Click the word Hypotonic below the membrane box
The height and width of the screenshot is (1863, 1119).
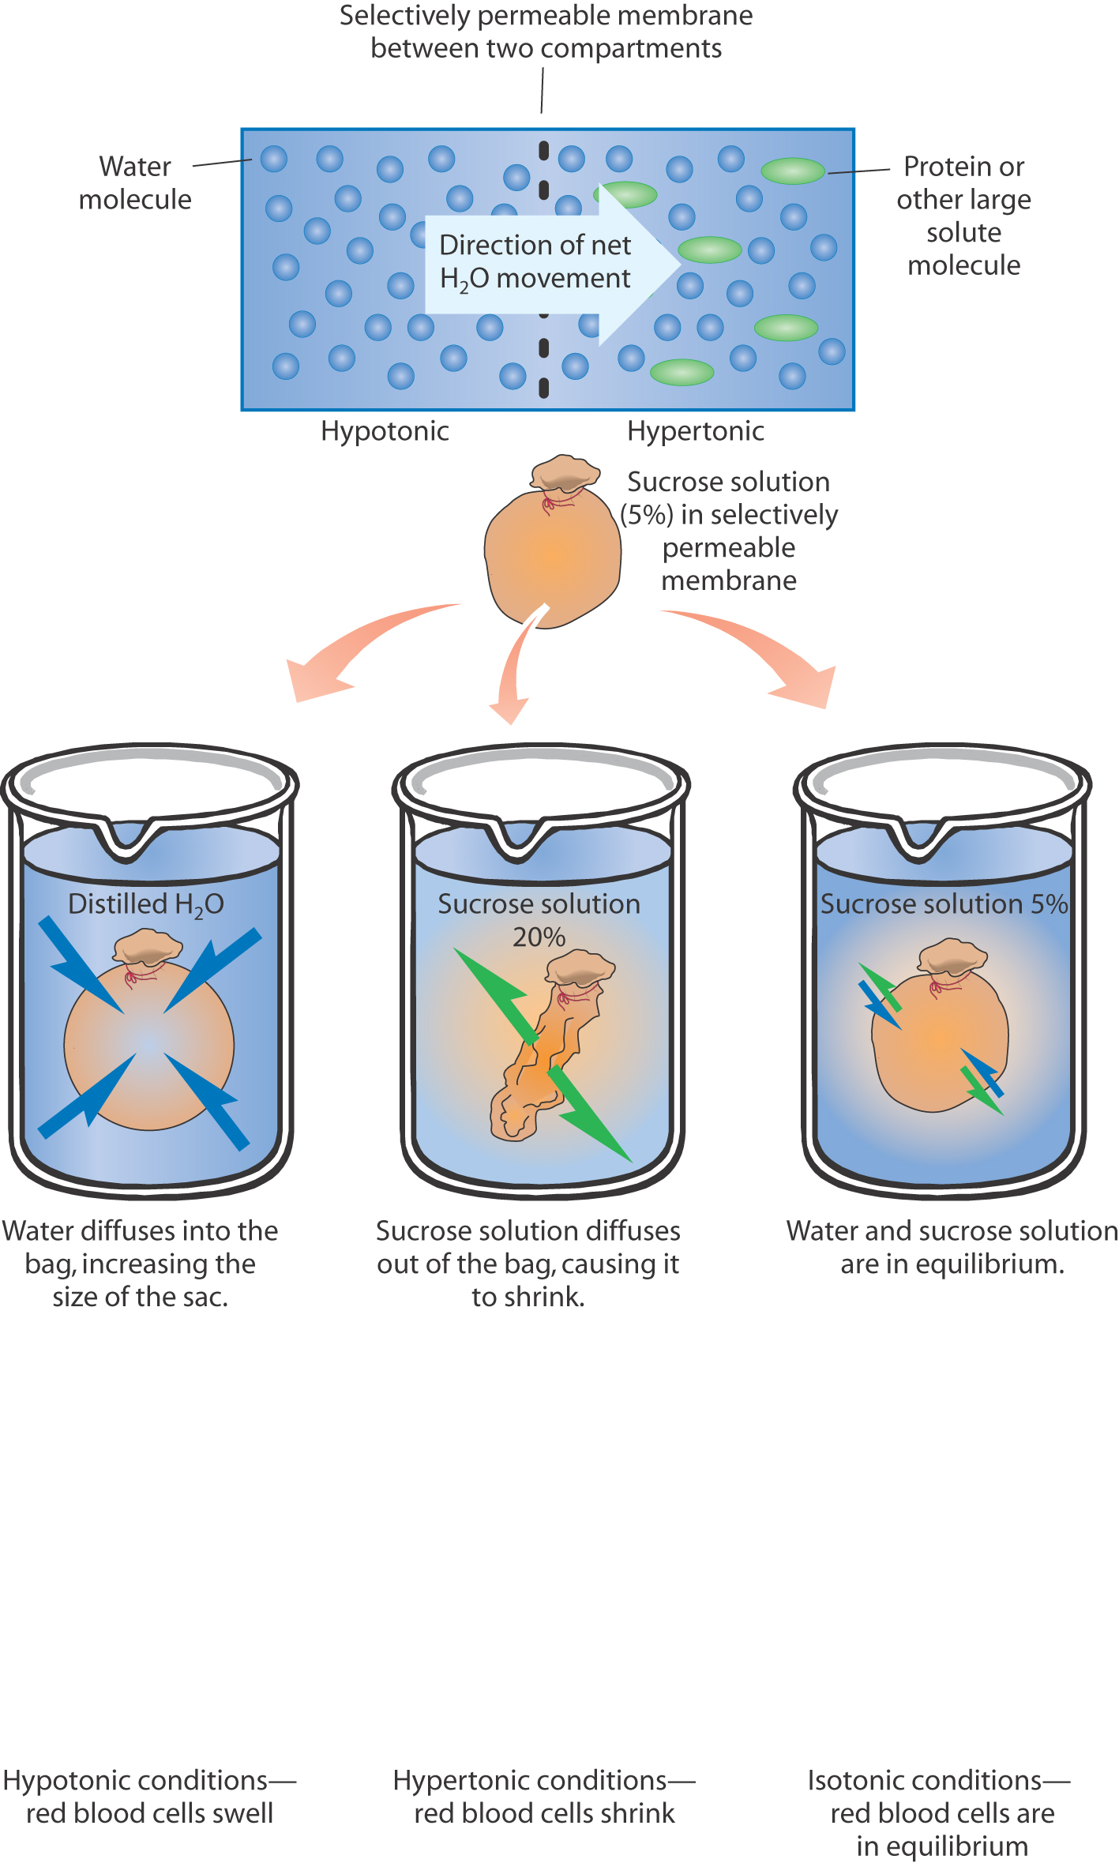pyautogui.click(x=385, y=431)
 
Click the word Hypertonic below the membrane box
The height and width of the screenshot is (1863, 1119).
pyautogui.click(x=695, y=431)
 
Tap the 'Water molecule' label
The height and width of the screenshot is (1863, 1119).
pyautogui.click(x=135, y=183)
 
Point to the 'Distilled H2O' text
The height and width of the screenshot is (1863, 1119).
pyautogui.click(x=146, y=905)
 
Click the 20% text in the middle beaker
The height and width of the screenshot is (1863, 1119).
pyautogui.click(x=539, y=937)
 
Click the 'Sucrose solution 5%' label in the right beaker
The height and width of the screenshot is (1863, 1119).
pyautogui.click(x=944, y=904)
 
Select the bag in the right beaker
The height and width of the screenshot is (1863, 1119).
pyautogui.click(x=940, y=1035)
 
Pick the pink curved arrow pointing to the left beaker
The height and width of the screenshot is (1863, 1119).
pyautogui.click(x=355, y=648)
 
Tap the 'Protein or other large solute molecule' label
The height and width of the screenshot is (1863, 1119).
pyautogui.click(x=963, y=216)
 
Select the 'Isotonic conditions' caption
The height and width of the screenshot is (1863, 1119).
pyautogui.click(x=940, y=1812)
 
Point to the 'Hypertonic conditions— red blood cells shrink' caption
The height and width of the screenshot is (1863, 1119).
pyautogui.click(x=544, y=1796)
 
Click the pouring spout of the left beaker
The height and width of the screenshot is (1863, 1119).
pyautogui.click(x=126, y=841)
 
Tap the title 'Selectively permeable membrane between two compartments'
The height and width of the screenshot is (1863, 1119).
pyautogui.click(x=546, y=32)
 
